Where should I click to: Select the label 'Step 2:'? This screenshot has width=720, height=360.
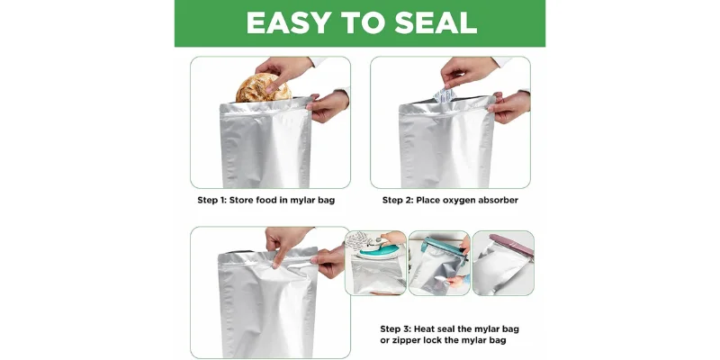point(400,200)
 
